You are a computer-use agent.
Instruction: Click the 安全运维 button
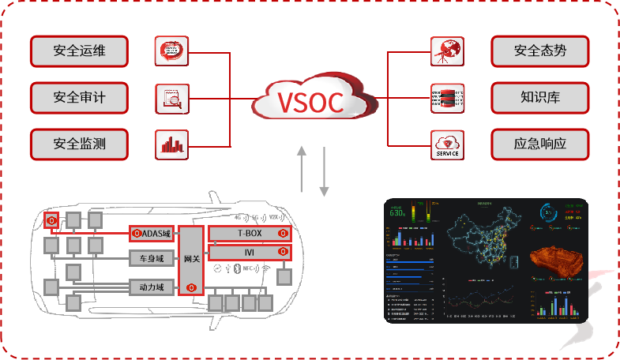point(80,52)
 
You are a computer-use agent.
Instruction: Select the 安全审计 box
point(80,98)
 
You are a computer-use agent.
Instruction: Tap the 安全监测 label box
point(80,144)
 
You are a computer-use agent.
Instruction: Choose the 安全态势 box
point(540,52)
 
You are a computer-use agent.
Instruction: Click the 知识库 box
point(540,98)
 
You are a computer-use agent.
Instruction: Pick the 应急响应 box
point(540,144)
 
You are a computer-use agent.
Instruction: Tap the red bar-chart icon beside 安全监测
point(171,144)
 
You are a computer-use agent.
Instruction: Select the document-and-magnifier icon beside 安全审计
point(171,99)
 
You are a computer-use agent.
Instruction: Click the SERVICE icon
point(447,144)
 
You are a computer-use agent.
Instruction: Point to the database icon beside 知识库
point(447,99)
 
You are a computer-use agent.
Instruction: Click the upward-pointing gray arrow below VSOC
point(302,171)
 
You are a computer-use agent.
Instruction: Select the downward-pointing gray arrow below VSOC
point(324,171)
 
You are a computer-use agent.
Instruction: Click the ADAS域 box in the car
point(153,234)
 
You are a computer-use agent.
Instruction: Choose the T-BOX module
point(249,233)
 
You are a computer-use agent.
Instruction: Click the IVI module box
point(249,252)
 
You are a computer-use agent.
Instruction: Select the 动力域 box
point(152,287)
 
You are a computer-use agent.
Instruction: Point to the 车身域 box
point(152,257)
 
